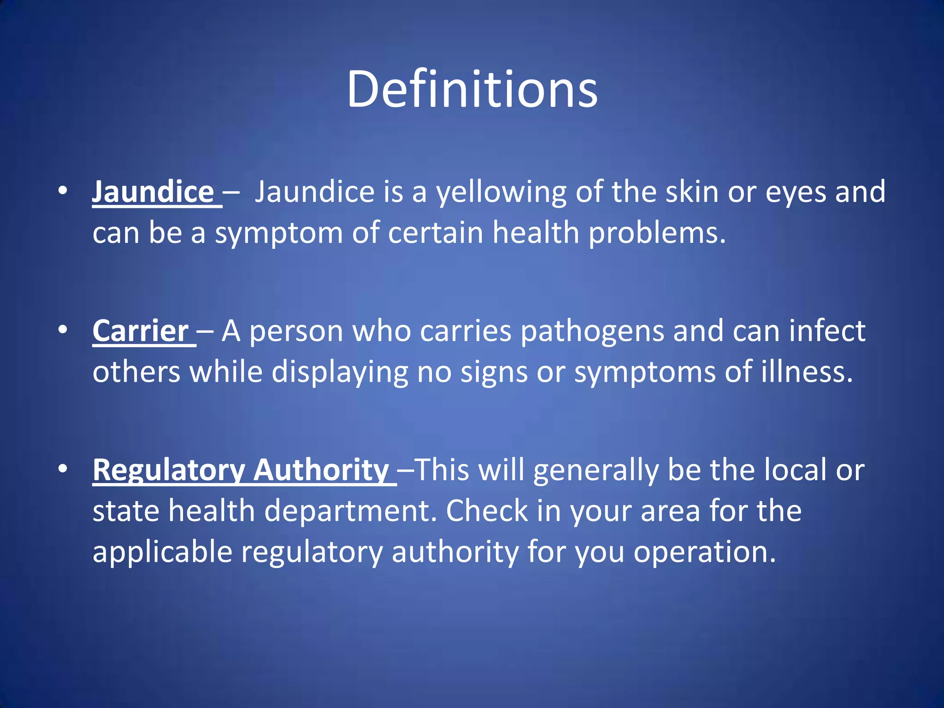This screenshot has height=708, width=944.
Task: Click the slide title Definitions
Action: point(472,89)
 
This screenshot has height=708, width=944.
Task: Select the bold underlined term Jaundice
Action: point(153,192)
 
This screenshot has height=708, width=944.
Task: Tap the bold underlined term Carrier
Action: point(141,331)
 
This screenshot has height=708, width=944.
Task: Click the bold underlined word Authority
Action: point(322,470)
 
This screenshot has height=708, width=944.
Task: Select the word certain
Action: point(435,232)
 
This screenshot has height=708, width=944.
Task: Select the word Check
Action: point(487,511)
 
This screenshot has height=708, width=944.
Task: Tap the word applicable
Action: point(162,552)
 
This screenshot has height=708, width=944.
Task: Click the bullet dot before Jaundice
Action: point(63,190)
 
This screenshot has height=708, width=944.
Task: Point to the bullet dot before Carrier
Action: point(63,329)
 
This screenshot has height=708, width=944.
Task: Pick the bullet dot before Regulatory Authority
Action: point(63,469)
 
